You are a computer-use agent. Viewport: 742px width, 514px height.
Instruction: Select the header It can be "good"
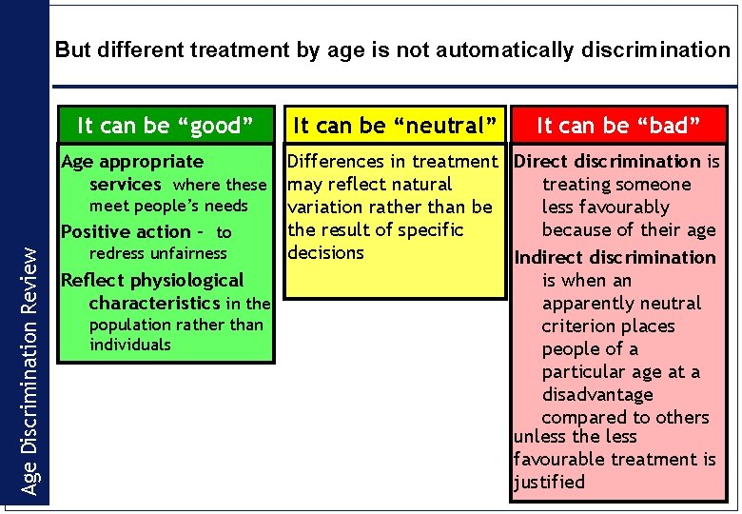coord(165,126)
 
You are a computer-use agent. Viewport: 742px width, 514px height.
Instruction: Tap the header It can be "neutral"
coord(395,126)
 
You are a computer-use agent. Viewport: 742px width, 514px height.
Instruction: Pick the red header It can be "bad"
coord(618,126)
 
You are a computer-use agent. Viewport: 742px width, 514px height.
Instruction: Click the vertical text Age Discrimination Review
coord(30,371)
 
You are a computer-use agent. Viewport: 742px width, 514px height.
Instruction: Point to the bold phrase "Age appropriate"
coord(132,162)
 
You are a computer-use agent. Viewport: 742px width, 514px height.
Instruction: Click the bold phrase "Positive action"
coord(126,232)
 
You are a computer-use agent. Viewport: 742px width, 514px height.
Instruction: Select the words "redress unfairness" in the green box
coord(158,253)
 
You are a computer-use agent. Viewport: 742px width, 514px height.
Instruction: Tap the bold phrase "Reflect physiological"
coord(152,280)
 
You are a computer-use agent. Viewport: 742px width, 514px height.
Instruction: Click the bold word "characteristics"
coord(154,303)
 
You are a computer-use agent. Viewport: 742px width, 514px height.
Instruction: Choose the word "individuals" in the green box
coord(130,345)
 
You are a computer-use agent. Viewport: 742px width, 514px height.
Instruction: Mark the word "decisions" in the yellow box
coord(326,252)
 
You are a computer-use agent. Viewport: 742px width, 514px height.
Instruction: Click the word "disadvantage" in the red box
coord(597,394)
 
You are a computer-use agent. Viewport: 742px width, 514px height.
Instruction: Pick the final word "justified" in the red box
coord(549,482)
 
